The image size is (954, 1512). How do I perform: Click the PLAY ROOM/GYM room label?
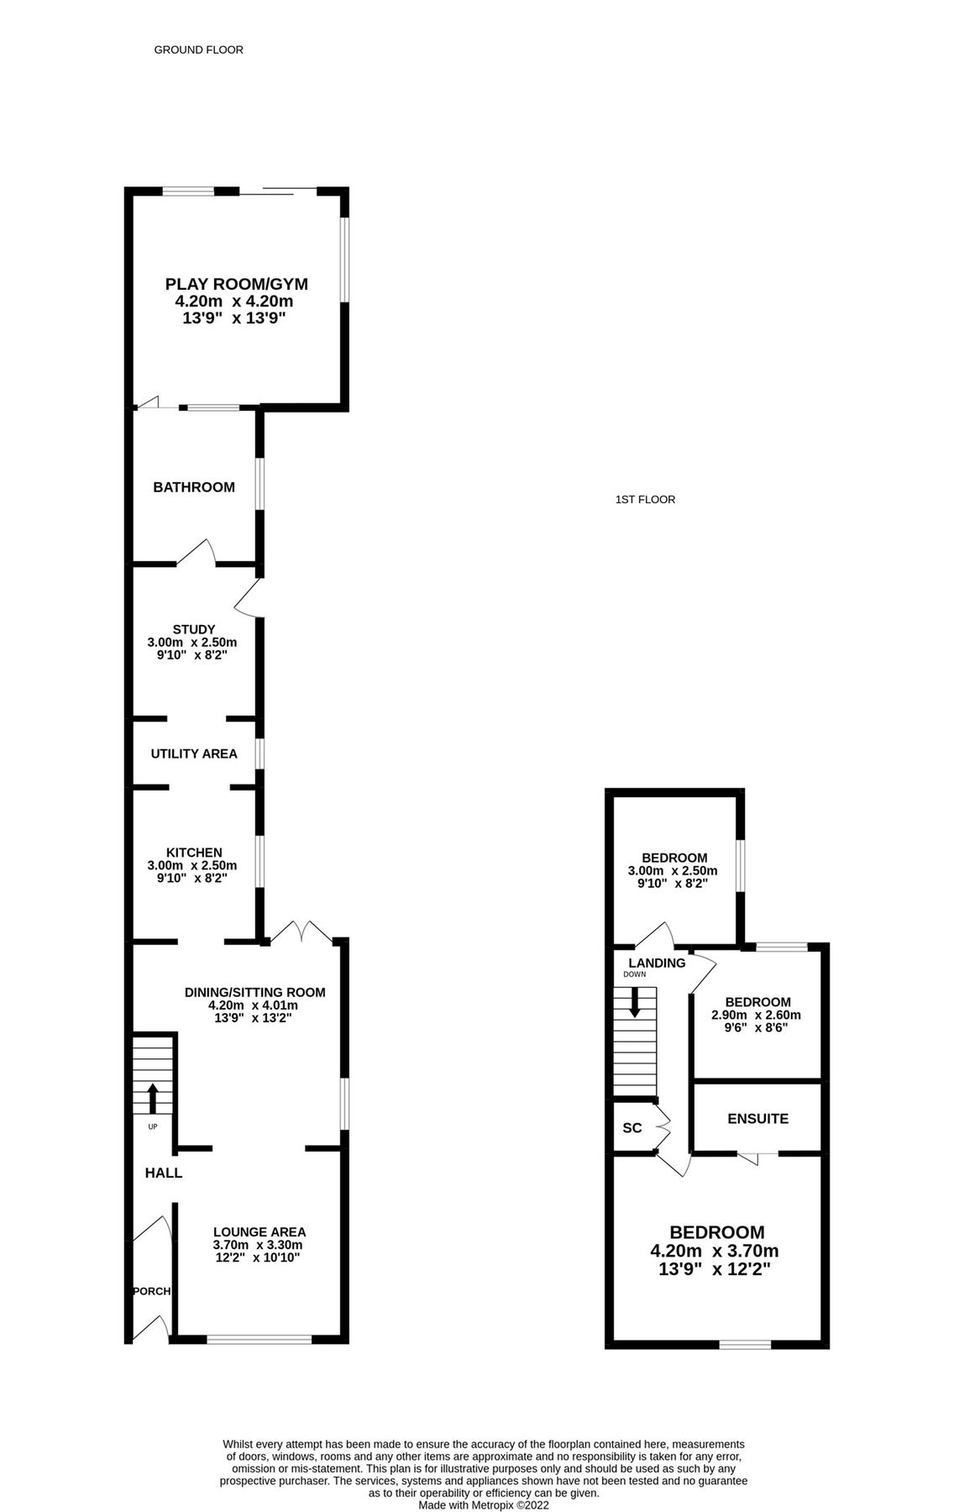click(236, 284)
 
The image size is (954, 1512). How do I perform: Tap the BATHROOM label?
click(193, 487)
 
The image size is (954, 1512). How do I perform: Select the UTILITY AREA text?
click(193, 753)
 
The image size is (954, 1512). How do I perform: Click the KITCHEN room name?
click(193, 853)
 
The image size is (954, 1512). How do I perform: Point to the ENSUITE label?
click(757, 1119)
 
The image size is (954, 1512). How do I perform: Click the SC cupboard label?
click(632, 1128)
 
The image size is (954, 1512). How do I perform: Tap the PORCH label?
click(151, 1291)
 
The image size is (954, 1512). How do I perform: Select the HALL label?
click(163, 1173)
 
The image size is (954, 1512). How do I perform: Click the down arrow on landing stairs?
click(635, 1001)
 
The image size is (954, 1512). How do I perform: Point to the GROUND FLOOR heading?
click(198, 50)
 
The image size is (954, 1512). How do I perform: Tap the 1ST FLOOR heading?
click(645, 499)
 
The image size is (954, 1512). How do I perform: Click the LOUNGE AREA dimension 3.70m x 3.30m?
click(258, 1245)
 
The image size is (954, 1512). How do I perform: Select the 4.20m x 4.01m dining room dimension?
click(254, 1005)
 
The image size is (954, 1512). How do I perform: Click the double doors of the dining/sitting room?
click(302, 931)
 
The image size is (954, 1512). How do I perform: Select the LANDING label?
click(657, 963)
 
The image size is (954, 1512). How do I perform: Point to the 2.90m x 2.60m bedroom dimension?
click(756, 1015)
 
